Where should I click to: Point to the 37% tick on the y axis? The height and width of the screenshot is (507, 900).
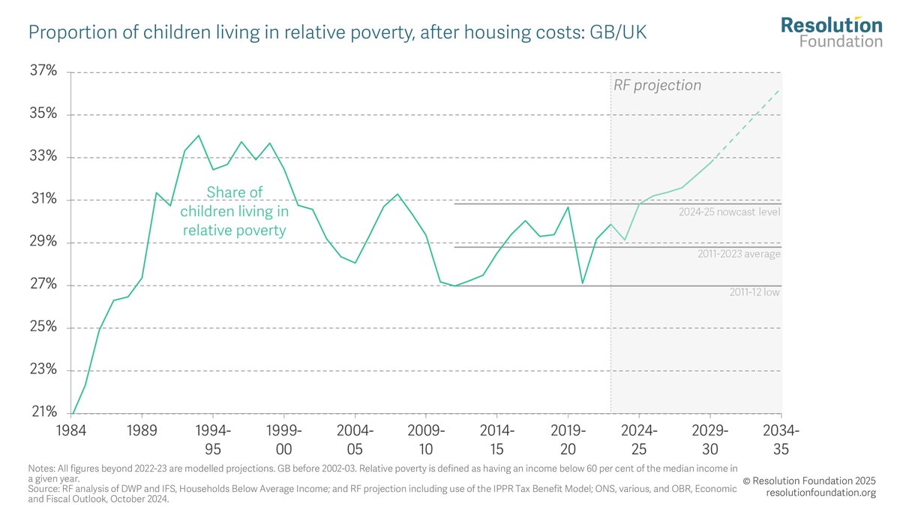tap(42, 72)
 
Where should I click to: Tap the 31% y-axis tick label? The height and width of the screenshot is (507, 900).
tap(42, 200)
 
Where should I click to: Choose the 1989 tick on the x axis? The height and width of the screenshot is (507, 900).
tap(142, 431)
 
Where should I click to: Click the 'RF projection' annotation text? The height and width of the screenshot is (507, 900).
tap(657, 86)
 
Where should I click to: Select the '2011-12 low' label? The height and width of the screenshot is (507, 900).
tap(754, 292)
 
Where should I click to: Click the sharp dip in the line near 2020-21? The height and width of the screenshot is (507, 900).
tap(583, 283)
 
